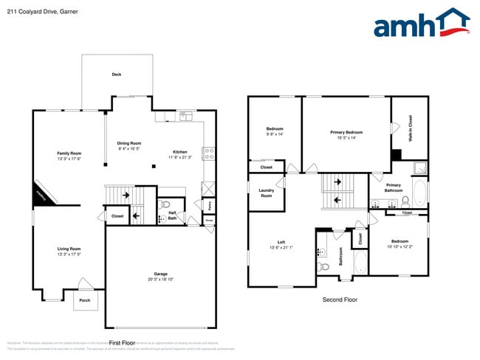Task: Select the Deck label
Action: [x=117, y=75]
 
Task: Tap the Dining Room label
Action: [x=129, y=143]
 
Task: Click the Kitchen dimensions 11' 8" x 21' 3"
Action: [x=180, y=157]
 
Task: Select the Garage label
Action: [x=160, y=274]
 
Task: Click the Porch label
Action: [x=84, y=300]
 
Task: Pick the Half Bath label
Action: [x=171, y=216]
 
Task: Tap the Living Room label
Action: [x=69, y=249]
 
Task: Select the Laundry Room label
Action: [x=266, y=193]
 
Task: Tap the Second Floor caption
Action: [x=340, y=300]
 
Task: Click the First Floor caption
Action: [x=123, y=342]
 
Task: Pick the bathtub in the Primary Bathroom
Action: [x=419, y=193]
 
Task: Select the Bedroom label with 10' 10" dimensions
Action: [x=400, y=241]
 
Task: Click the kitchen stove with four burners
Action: [x=209, y=155]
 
